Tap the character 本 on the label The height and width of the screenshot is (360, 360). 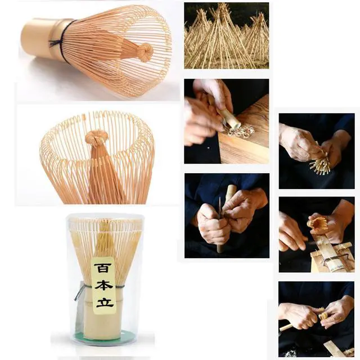tap(103, 284)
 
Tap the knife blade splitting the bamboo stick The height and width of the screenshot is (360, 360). tap(220, 208)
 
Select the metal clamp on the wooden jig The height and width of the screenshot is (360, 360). tap(331, 259)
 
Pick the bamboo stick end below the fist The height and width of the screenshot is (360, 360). tap(220, 246)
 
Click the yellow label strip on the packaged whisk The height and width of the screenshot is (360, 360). tap(103, 286)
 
